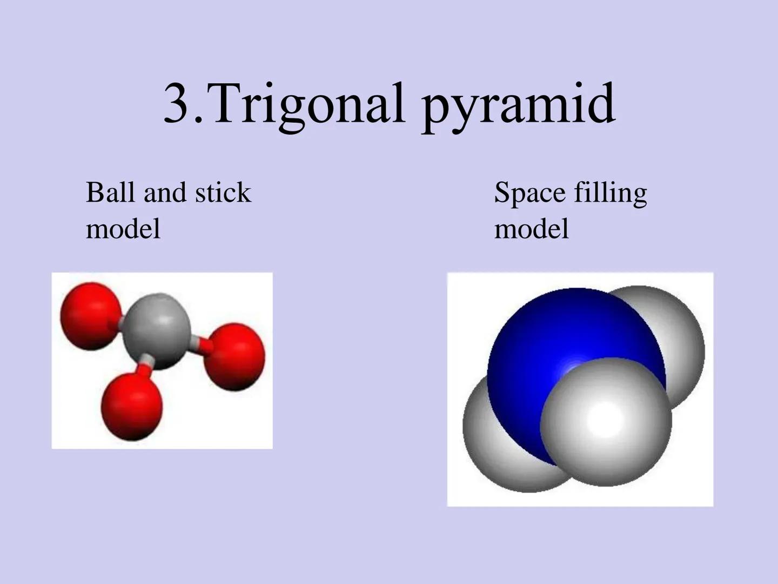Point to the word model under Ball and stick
(123, 228)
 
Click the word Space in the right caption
(529, 193)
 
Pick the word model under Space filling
(532, 228)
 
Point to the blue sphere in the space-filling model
(551, 346)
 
